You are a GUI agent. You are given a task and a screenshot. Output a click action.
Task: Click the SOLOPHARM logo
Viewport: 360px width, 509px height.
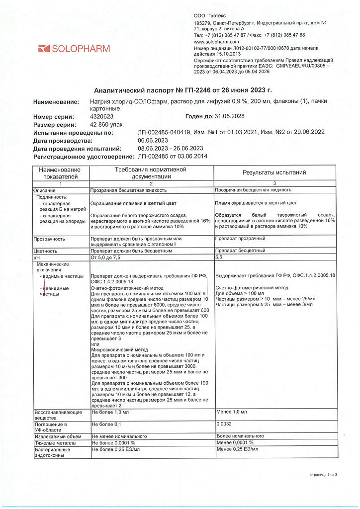[x=74, y=49]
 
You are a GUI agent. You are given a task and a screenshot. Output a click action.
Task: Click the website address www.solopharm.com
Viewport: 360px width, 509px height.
[x=216, y=42]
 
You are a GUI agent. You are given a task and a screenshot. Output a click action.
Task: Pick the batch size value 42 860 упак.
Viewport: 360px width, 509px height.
[x=107, y=125]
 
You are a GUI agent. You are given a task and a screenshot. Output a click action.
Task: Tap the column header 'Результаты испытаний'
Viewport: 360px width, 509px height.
[x=274, y=172]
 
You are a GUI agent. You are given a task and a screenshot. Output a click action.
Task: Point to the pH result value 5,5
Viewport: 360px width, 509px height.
[x=219, y=258]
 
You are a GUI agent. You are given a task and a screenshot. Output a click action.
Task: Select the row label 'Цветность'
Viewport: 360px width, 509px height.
[x=45, y=251]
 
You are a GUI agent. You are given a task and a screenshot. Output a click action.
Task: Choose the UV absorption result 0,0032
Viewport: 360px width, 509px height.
[x=225, y=424]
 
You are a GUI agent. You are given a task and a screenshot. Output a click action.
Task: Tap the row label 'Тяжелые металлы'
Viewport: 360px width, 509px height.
[x=55, y=442]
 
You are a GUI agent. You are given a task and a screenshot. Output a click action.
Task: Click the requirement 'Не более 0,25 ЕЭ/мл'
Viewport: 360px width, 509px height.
[x=115, y=449]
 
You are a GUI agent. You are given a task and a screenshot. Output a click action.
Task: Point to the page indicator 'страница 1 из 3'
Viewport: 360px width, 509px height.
[x=323, y=475]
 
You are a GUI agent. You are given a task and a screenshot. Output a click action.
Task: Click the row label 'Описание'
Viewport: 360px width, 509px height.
[x=45, y=190]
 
